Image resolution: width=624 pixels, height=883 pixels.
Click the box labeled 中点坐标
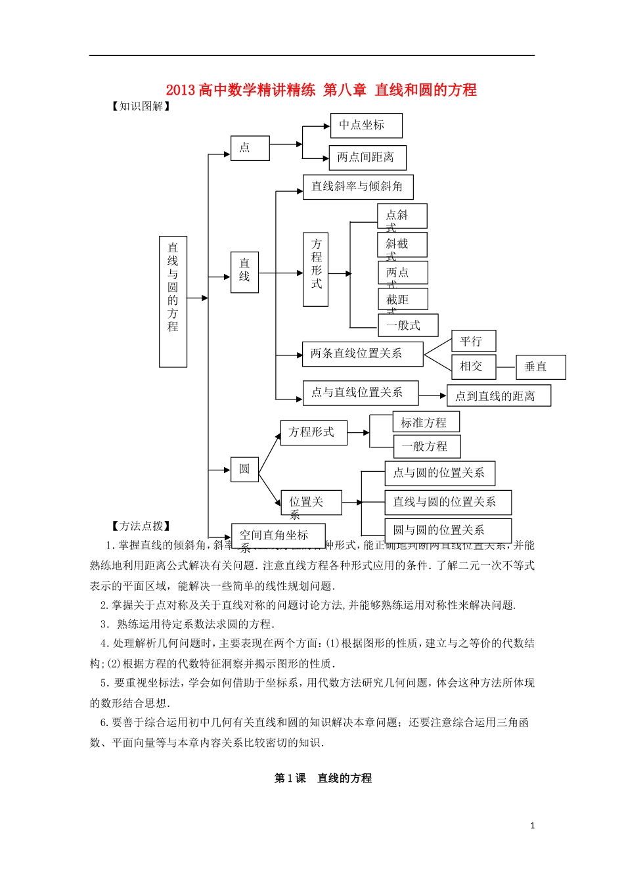(x=366, y=125)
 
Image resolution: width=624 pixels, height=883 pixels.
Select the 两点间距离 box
(x=367, y=158)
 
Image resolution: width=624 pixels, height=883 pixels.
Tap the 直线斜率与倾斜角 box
(x=358, y=187)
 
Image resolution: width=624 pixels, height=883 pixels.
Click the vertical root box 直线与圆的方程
(x=173, y=301)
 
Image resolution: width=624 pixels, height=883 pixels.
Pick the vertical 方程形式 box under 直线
(x=316, y=269)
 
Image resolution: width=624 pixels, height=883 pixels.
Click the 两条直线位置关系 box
(x=363, y=353)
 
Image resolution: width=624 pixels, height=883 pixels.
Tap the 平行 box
(x=473, y=342)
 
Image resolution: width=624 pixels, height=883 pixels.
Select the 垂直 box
(x=541, y=367)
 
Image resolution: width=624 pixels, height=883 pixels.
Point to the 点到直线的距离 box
(x=499, y=396)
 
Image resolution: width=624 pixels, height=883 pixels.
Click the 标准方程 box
(x=426, y=422)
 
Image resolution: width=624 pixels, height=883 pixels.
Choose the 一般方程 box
(x=426, y=447)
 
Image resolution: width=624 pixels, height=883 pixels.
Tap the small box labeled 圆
(x=244, y=469)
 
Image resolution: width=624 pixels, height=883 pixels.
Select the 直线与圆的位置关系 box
(x=447, y=502)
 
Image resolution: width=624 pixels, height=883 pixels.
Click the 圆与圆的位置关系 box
(x=447, y=530)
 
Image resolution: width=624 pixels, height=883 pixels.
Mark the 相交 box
(x=473, y=366)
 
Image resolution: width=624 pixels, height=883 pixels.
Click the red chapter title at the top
(x=321, y=90)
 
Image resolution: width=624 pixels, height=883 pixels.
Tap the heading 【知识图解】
(x=141, y=106)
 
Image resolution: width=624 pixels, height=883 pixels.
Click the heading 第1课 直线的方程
(x=323, y=778)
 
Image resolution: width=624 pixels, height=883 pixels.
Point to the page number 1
(x=532, y=826)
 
